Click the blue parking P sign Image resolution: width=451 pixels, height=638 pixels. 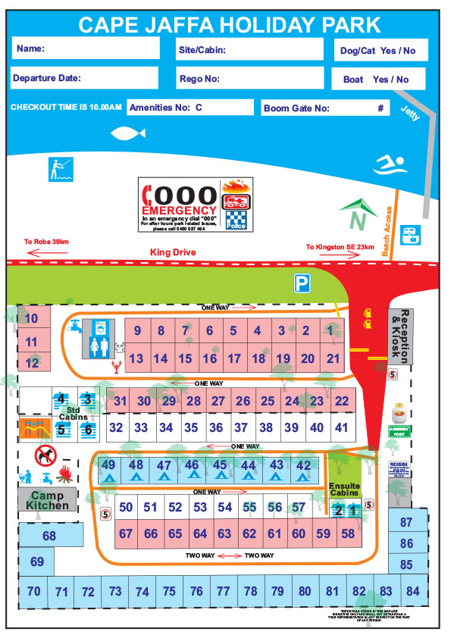pyautogui.click(x=302, y=283)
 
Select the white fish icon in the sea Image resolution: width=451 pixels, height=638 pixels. pyautogui.click(x=127, y=134)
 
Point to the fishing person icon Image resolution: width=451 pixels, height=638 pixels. pyautogui.click(x=58, y=168)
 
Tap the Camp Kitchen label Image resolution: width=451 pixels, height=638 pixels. pyautogui.click(x=48, y=499)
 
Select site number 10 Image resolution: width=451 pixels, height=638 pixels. pyautogui.click(x=31, y=319)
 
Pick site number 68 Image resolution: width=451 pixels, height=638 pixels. pyautogui.click(x=50, y=536)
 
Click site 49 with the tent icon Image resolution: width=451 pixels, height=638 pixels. pyautogui.click(x=108, y=470)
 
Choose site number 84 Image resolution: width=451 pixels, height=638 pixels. pyautogui.click(x=412, y=591)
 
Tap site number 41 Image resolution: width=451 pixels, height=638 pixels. pyautogui.click(x=341, y=427)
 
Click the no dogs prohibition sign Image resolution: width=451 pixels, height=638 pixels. pyautogui.click(x=45, y=455)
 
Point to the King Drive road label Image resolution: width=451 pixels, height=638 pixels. pyautogui.click(x=173, y=252)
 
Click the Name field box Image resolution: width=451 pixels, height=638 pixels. pyautogui.click(x=85, y=48)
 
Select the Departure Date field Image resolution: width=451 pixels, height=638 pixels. pyautogui.click(x=85, y=78)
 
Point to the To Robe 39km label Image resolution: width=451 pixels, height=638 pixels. pyautogui.click(x=46, y=242)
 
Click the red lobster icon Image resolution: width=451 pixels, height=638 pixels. pyautogui.click(x=117, y=369)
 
